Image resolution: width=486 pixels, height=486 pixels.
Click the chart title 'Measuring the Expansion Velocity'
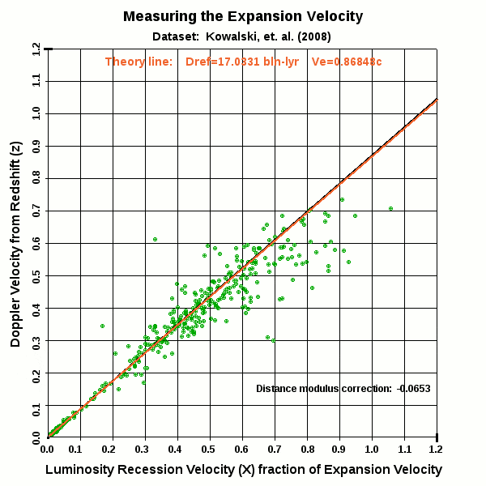click(x=243, y=16)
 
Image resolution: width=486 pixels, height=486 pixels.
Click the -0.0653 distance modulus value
click(x=414, y=389)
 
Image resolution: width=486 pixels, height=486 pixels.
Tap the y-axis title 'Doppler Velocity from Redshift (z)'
click(x=16, y=243)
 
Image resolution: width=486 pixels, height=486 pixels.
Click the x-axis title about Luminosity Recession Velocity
click(x=243, y=470)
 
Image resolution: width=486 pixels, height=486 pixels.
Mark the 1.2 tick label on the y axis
click(x=36, y=49)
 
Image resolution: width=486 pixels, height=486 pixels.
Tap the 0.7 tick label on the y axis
click(x=36, y=211)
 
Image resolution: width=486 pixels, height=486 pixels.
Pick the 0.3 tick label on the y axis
click(x=36, y=340)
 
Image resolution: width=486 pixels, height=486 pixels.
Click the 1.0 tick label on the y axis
click(x=36, y=113)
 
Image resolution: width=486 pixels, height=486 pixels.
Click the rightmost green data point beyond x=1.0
click(x=390, y=208)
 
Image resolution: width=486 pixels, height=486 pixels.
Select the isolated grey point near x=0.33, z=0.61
click(x=155, y=239)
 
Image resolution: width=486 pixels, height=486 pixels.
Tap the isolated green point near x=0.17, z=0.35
click(x=103, y=326)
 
